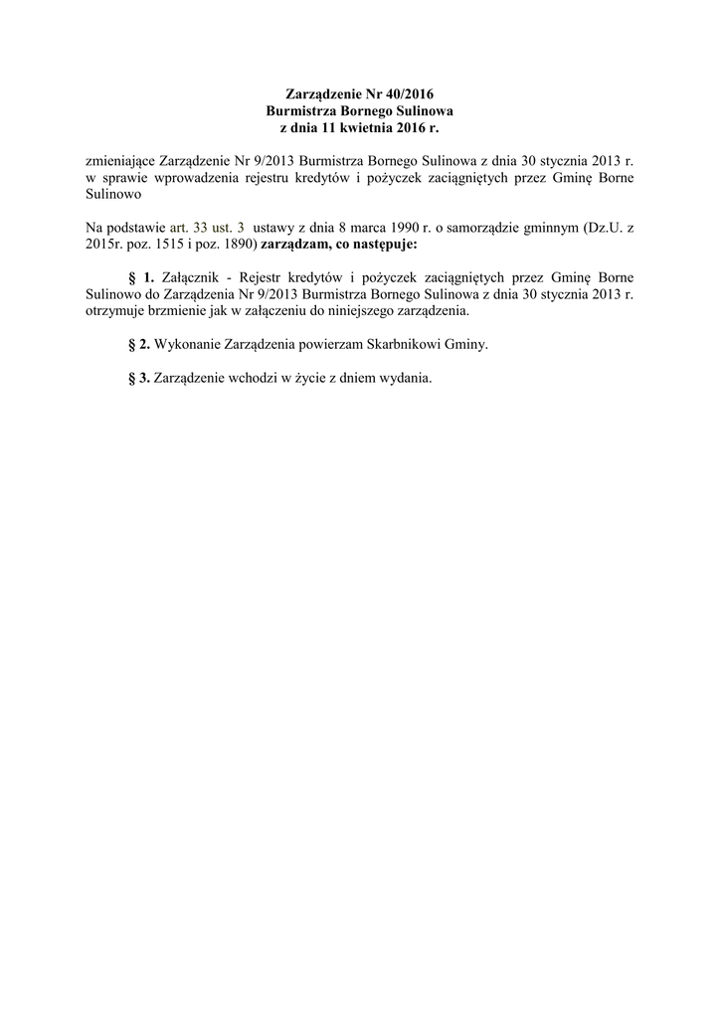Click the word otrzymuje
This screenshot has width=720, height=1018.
click(x=115, y=310)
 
